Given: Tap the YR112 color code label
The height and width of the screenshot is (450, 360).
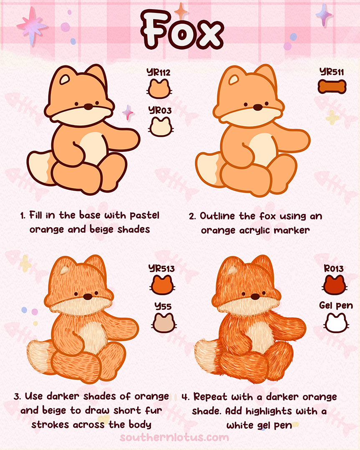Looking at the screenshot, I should (159, 73).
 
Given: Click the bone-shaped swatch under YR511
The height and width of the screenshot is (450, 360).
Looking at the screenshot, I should (332, 87).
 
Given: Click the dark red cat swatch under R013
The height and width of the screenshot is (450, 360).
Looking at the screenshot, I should (334, 284).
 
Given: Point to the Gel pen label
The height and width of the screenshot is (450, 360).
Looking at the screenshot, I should (336, 305).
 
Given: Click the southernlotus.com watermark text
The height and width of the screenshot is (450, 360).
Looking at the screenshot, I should (174, 437).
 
